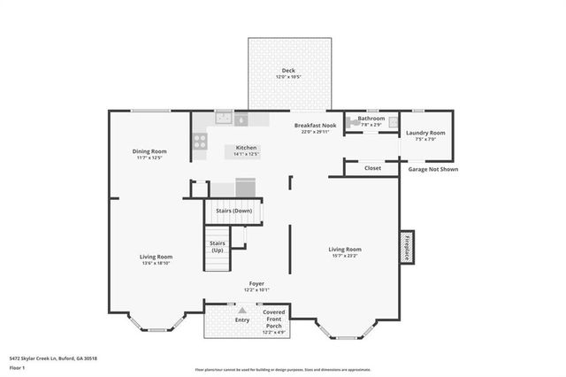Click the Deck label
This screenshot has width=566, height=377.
tap(288, 71)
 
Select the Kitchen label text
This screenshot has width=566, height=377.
tap(246, 147)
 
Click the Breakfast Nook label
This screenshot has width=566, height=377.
tap(316, 126)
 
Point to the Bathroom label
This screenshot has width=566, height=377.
tap(371, 118)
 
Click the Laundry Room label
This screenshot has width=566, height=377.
tap(425, 133)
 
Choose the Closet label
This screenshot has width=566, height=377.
tap(372, 167)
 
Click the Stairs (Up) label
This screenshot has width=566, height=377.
tap(217, 246)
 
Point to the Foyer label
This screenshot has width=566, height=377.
tap(256, 284)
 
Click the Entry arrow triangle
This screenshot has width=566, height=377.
tap(242, 312)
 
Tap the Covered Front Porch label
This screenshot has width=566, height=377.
tap(273, 319)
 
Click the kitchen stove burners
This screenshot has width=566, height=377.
tap(200, 139)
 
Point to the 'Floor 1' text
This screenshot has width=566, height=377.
tap(16, 366)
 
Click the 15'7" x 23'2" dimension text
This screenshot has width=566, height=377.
tap(345, 258)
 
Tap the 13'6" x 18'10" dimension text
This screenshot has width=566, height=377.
tap(155, 263)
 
